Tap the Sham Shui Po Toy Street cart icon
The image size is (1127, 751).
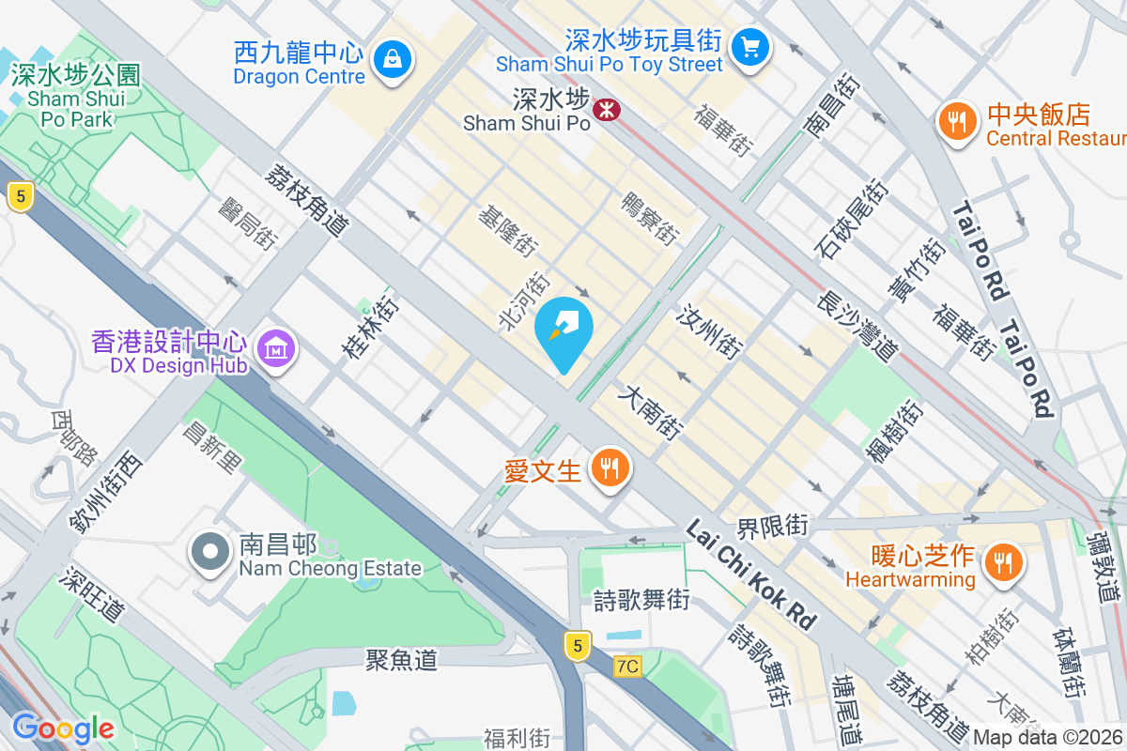coord(750,46)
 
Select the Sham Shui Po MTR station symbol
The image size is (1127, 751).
coord(607,110)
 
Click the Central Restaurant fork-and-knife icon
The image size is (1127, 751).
coord(956,121)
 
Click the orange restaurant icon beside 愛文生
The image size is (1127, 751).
coord(610,467)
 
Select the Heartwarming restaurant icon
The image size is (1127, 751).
coord(1004,562)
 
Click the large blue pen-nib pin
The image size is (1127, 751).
coord(563,330)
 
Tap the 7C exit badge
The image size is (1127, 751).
coord(627,667)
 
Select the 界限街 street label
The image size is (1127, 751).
coord(772,526)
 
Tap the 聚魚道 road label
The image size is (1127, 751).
coord(401,660)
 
